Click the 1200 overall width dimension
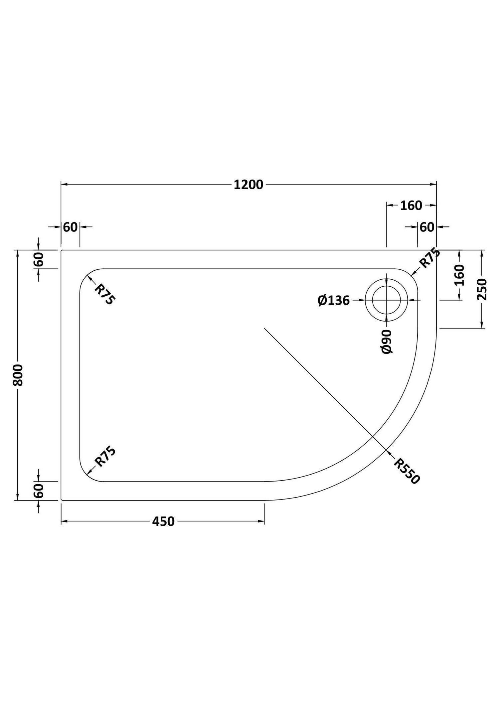pyautogui.click(x=248, y=185)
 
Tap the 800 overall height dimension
pyautogui.click(x=18, y=375)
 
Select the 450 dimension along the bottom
pyautogui.click(x=163, y=521)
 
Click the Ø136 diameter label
pyautogui.click(x=334, y=301)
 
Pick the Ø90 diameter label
pyautogui.click(x=387, y=342)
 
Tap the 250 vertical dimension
pyautogui.click(x=482, y=289)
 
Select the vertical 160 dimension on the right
pyautogui.click(x=459, y=275)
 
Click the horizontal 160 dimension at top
pyautogui.click(x=411, y=206)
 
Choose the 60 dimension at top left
pyautogui.click(x=70, y=227)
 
